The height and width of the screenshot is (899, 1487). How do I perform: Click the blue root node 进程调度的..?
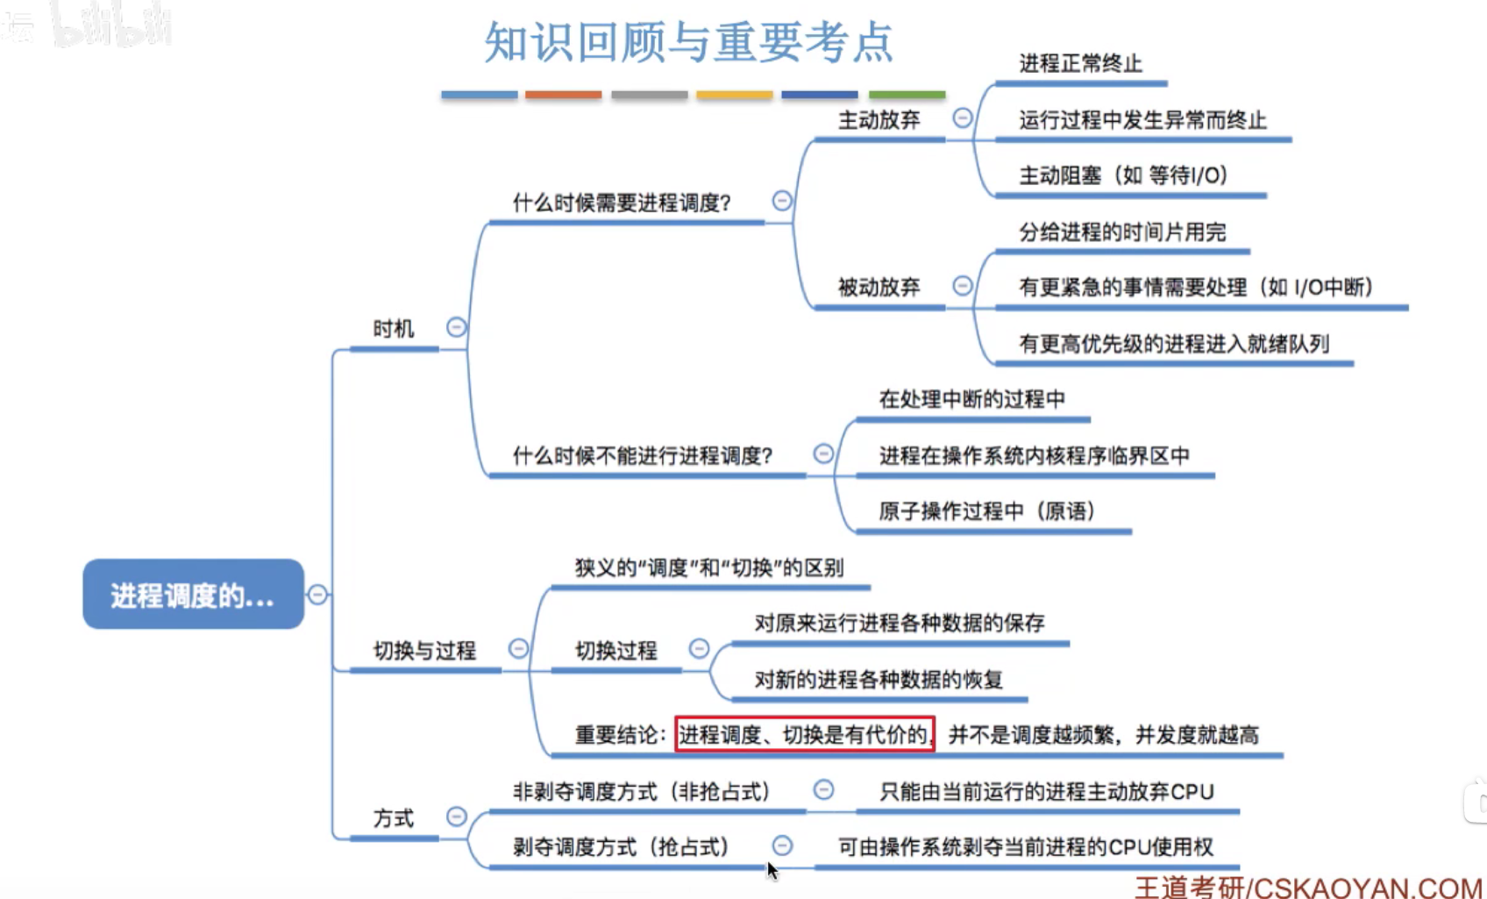(193, 595)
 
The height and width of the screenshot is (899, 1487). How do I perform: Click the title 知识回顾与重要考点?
(688, 41)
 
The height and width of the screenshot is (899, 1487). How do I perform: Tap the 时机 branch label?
(393, 329)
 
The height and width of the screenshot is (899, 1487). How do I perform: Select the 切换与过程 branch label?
(424, 650)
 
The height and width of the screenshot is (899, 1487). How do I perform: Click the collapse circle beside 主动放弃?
(962, 118)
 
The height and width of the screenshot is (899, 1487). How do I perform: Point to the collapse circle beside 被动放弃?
(962, 285)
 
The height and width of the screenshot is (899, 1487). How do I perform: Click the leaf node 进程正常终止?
(1080, 63)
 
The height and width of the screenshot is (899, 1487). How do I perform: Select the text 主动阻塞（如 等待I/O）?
(1122, 175)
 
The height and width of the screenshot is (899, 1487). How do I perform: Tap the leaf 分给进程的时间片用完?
(1121, 232)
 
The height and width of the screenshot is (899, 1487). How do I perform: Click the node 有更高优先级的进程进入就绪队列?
(1173, 344)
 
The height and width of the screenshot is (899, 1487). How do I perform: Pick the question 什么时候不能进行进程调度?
(643, 456)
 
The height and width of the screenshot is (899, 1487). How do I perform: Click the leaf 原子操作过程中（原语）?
(987, 511)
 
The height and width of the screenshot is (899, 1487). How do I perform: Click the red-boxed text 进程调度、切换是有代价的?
(804, 734)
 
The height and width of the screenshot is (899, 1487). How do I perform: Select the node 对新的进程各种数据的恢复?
(878, 680)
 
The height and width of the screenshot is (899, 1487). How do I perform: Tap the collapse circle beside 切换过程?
(699, 648)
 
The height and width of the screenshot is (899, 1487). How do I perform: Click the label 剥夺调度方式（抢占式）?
(621, 847)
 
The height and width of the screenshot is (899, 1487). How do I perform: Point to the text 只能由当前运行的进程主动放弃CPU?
(1046, 792)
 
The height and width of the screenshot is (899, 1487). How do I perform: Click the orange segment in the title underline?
(563, 95)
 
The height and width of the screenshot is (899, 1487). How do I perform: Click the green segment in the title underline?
(907, 95)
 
